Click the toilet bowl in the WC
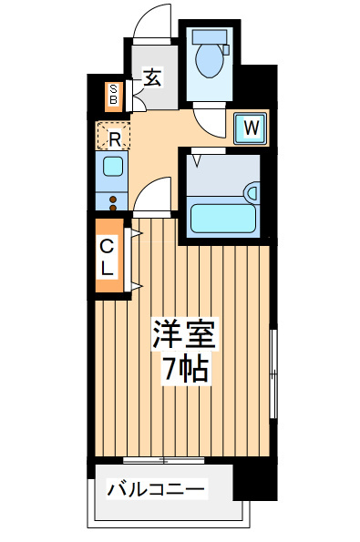210,60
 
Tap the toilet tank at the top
210,36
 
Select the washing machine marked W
251,128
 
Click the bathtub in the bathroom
223,218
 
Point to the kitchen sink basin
113,167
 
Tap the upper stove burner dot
113,199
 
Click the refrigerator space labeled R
114,135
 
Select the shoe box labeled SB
113,95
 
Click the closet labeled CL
109,256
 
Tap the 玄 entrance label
152,77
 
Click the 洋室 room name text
185,334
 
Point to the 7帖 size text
186,368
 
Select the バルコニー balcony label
157,489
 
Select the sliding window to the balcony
163,460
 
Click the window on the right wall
273,373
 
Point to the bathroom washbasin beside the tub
252,193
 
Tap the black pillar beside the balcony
255,482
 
